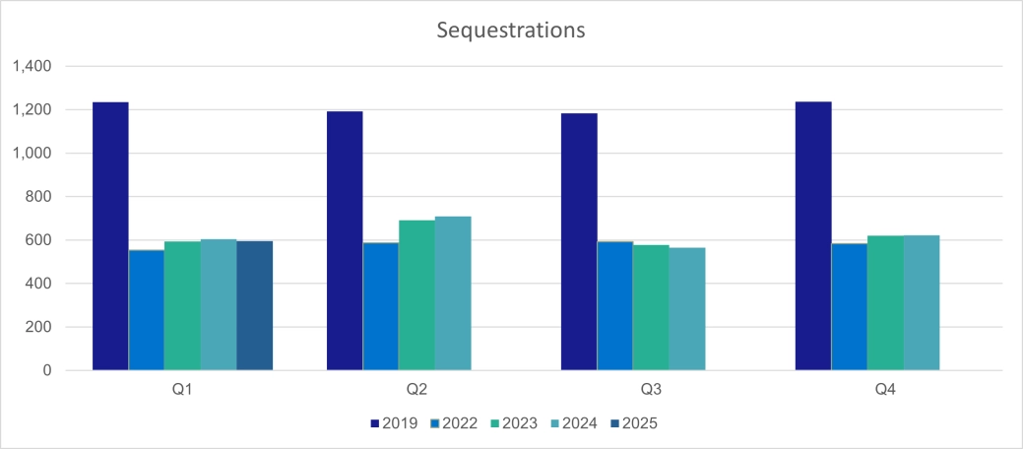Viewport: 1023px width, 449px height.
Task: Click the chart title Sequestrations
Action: click(511, 31)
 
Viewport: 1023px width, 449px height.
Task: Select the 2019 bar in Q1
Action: click(110, 236)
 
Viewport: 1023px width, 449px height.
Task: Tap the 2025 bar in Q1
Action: click(254, 305)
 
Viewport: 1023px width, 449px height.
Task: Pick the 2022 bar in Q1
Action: click(147, 310)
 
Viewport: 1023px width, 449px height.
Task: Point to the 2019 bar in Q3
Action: click(579, 242)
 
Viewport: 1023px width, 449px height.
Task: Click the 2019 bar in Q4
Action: click(813, 236)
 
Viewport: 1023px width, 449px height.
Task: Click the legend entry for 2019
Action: click(394, 424)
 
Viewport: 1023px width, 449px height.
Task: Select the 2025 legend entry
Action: click(632, 424)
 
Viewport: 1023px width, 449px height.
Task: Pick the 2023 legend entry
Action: click(513, 424)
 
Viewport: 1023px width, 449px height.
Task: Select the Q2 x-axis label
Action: click(416, 390)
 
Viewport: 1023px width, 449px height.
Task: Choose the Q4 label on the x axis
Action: click(885, 390)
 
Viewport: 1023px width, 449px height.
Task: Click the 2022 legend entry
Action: click(453, 424)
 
